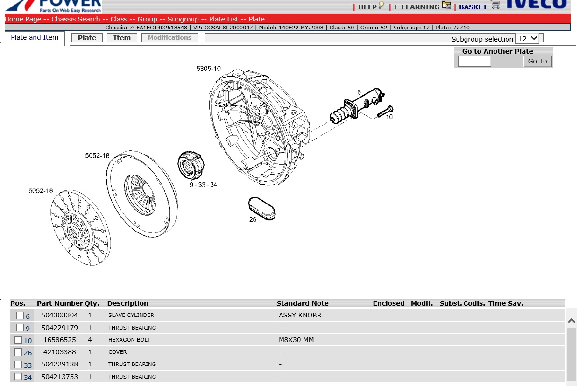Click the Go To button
coord(537,61)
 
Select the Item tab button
coord(122,38)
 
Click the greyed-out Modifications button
coord(169,38)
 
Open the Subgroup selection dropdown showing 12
coord(528,38)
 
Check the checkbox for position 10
coord(18,340)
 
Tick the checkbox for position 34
coord(18,377)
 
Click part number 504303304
coord(59,315)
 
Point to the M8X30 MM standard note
coord(296,340)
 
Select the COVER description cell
coord(117,352)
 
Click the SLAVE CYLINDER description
coord(131,315)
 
